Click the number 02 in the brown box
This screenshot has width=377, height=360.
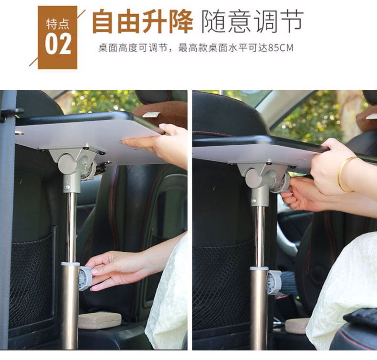(x=58, y=44)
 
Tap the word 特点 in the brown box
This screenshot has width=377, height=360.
(x=58, y=24)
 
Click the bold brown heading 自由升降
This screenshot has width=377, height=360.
(x=143, y=21)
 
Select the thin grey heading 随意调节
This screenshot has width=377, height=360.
(x=252, y=21)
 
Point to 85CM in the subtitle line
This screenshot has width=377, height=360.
(x=281, y=48)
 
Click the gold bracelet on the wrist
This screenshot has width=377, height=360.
(x=344, y=174)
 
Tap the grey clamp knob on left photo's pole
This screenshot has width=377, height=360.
(x=84, y=278)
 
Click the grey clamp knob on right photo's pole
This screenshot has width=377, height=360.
(x=274, y=282)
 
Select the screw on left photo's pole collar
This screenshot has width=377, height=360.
(x=67, y=187)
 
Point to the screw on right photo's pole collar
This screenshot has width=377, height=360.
(x=254, y=201)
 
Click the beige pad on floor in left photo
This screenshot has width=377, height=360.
(x=100, y=320)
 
